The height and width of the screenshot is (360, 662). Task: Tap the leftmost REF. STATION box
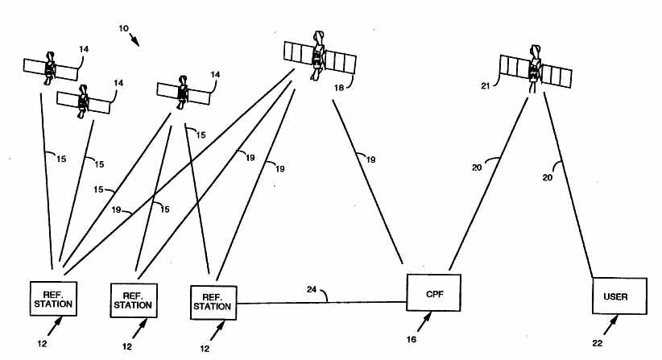54,299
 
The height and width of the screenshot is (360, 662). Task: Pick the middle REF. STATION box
134,300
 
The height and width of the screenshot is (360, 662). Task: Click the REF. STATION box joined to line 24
213,302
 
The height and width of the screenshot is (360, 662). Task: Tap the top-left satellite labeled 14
50,67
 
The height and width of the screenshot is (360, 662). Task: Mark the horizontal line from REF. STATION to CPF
322,303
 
